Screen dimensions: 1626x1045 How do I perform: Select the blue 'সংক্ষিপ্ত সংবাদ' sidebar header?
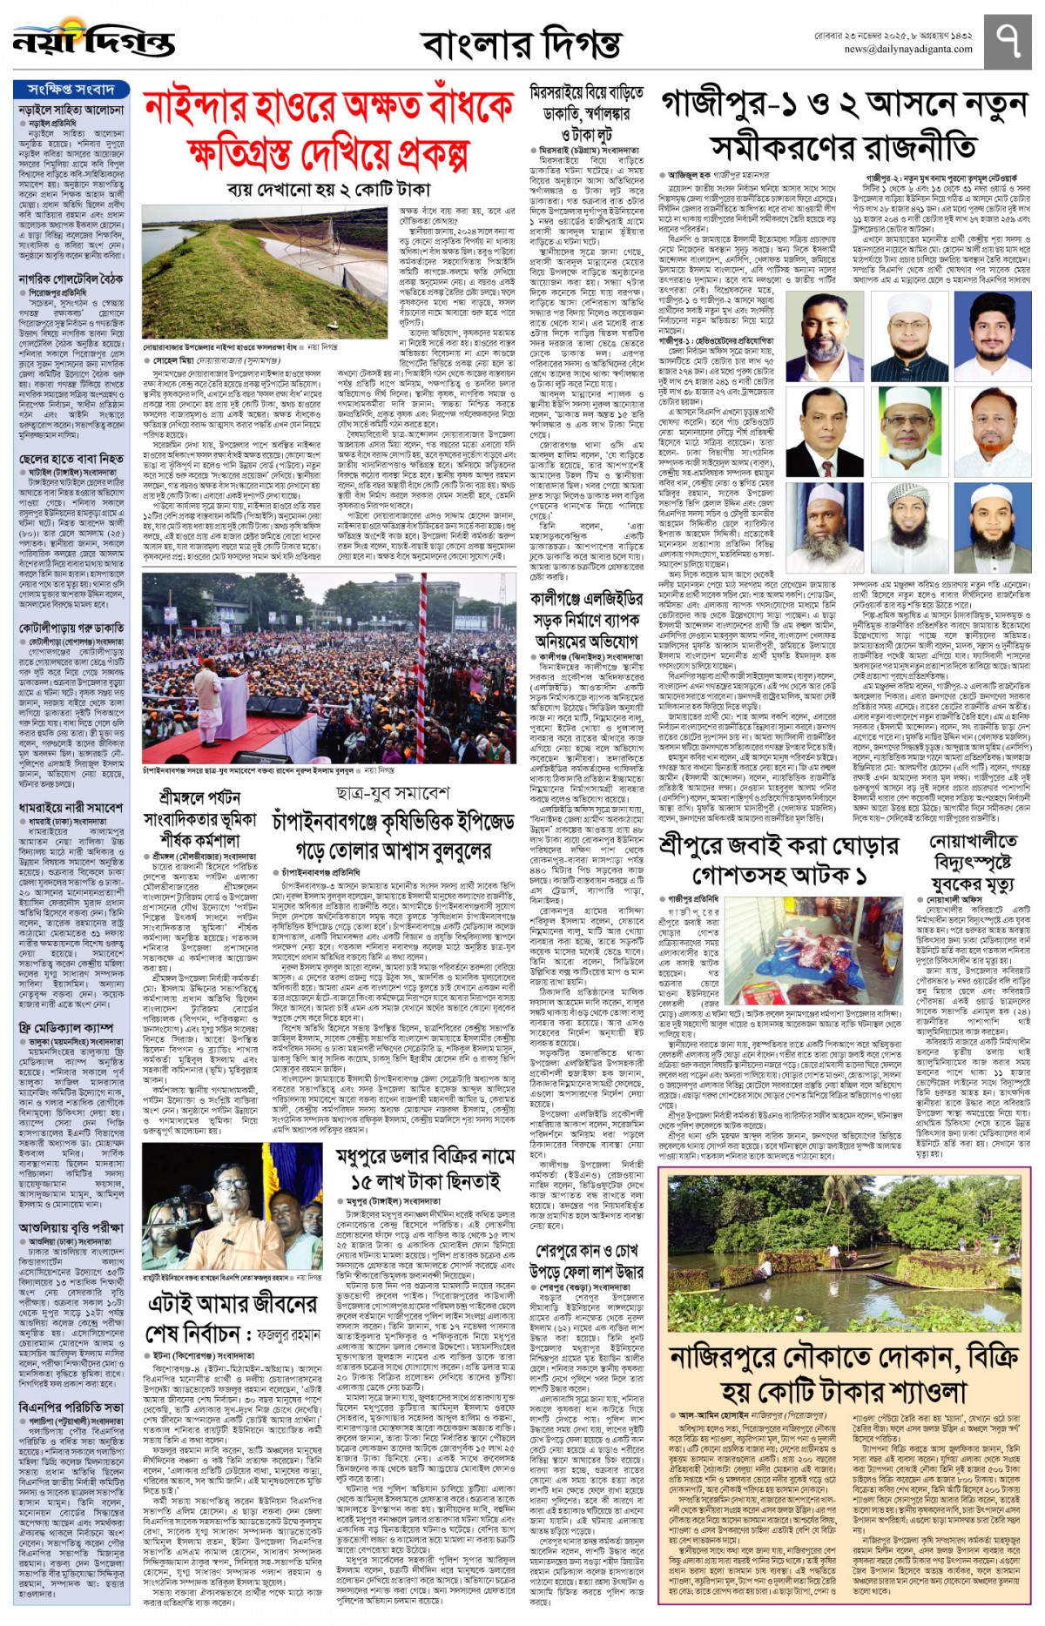click(71, 90)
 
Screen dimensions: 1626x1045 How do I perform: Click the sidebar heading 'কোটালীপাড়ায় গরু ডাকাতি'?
click(71, 628)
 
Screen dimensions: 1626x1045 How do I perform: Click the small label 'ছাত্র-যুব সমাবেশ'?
click(393, 794)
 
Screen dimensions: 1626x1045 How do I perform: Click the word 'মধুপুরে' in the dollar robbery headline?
click(375, 1156)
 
